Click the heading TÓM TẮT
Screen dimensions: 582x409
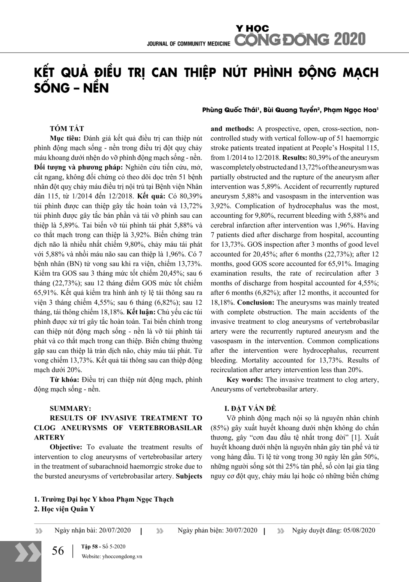pyautogui.click(x=67, y=129)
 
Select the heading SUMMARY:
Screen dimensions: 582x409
pyautogui.click(x=70, y=408)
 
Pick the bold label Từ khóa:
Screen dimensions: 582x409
pyautogui.click(x=64, y=379)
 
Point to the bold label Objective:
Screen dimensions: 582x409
pyautogui.click(x=66, y=447)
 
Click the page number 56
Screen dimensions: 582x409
pyautogui.click(x=58, y=551)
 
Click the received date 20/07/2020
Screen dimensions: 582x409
pyautogui.click(x=114, y=530)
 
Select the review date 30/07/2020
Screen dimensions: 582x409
pyautogui.click(x=241, y=530)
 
